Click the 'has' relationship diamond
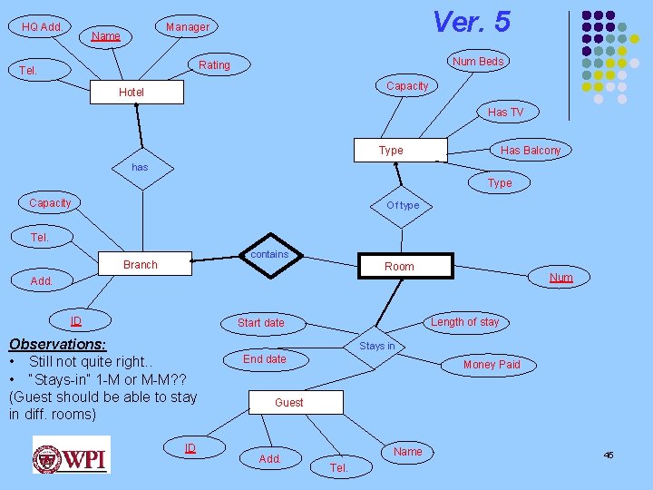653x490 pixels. (139, 168)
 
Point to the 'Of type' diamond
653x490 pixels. (403, 205)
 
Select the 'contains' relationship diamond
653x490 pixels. (269, 255)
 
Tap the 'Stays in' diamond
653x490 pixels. (377, 346)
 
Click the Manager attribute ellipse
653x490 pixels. (188, 27)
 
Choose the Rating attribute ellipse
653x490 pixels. (215, 65)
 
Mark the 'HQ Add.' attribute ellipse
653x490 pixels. (42, 27)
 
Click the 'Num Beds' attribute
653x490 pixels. (478, 62)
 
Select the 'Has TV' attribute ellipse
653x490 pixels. (505, 113)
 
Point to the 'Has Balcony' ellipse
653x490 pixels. (531, 151)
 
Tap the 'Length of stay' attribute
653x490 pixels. (465, 321)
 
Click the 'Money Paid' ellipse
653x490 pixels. (492, 365)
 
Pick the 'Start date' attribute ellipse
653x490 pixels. (261, 323)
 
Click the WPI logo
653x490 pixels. (71, 455)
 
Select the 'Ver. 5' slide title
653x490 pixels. (471, 22)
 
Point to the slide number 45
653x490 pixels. (609, 455)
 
